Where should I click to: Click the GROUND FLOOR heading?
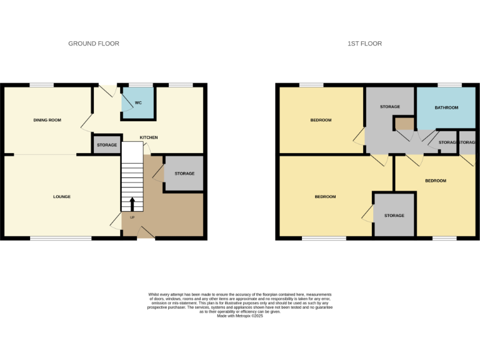94,44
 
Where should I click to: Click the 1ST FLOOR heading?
365,44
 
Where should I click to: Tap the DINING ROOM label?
47,120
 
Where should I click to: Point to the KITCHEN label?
149,137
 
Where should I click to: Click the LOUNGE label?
62,197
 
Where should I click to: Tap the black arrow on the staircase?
132,204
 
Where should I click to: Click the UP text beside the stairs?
132,217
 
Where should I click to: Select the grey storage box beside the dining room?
107,144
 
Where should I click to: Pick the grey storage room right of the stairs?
184,173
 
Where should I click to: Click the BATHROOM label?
447,107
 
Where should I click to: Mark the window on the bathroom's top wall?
449,85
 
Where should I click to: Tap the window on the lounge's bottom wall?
61,238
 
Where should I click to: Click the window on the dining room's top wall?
42,85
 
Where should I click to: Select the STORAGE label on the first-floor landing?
389,107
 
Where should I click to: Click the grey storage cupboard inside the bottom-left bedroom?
394,216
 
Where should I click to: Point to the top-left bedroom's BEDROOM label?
321,120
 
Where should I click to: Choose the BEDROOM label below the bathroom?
436,181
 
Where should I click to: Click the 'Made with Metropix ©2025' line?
240,316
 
